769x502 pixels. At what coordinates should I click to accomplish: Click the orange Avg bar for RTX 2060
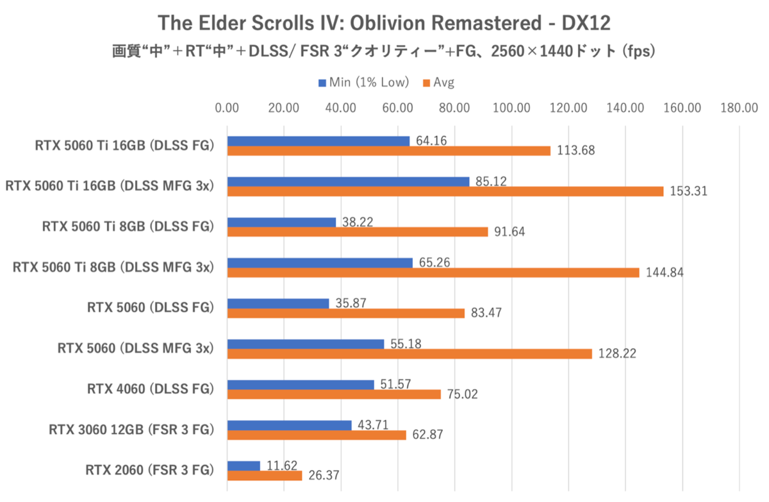(x=265, y=476)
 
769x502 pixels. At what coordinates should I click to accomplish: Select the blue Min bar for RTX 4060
(x=301, y=385)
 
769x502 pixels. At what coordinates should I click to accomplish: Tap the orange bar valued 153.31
(x=445, y=191)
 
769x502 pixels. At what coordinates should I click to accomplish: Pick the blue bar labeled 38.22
(x=281, y=222)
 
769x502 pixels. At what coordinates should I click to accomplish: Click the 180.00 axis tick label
(x=740, y=108)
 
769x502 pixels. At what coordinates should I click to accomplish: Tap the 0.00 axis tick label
(x=227, y=108)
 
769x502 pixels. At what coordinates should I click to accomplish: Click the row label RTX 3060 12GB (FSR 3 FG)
(x=131, y=430)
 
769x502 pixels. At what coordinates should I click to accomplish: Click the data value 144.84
(x=664, y=272)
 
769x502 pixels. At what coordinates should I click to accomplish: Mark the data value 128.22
(x=616, y=354)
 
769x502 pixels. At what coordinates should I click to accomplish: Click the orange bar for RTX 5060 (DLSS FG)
(x=346, y=313)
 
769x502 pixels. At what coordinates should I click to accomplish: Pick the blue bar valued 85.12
(x=348, y=181)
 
